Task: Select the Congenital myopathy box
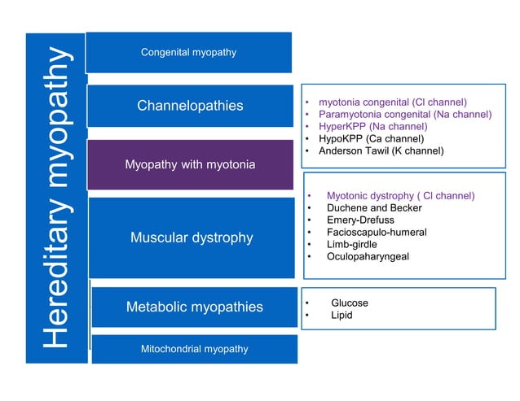click(188, 52)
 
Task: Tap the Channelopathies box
click(190, 106)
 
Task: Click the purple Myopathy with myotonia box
click(190, 165)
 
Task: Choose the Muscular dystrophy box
click(192, 238)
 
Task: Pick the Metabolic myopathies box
click(194, 307)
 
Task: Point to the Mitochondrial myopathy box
click(194, 349)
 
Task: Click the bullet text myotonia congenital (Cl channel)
click(392, 102)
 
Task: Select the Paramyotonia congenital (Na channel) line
click(404, 115)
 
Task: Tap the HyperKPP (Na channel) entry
click(372, 127)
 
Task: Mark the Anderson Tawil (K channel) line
click(381, 151)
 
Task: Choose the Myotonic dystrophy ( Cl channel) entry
click(400, 196)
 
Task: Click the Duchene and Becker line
click(374, 208)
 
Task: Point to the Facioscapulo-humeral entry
click(376, 233)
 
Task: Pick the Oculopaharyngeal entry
click(368, 257)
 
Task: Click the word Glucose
click(349, 303)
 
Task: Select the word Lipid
click(342, 316)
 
